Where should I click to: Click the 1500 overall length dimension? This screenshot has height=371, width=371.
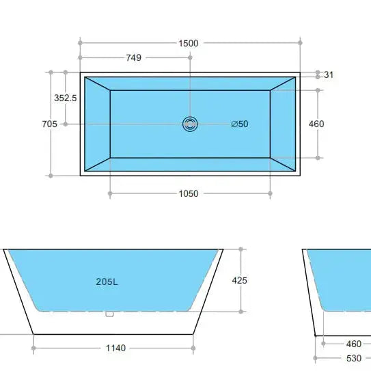(189, 43)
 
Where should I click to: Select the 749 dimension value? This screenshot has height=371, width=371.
(134, 58)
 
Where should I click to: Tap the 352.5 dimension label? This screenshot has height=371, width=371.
(66, 98)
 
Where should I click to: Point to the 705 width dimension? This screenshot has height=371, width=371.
(49, 124)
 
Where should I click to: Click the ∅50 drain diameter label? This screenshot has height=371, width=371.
(239, 124)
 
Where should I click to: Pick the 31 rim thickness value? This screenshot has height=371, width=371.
(329, 74)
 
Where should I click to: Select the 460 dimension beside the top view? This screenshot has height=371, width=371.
(316, 124)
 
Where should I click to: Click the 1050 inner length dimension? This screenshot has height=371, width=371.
(189, 193)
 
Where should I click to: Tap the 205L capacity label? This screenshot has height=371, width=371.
(107, 281)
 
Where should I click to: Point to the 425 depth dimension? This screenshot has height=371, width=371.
(240, 280)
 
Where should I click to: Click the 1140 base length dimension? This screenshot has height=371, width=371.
(115, 348)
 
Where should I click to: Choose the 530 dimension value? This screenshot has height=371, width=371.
(353, 358)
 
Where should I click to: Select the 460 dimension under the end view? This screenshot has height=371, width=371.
(353, 344)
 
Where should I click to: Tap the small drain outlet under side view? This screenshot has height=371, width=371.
(108, 314)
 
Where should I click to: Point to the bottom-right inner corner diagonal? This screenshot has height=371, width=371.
(283, 164)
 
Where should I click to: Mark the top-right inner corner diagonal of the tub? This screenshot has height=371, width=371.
(283, 83)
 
